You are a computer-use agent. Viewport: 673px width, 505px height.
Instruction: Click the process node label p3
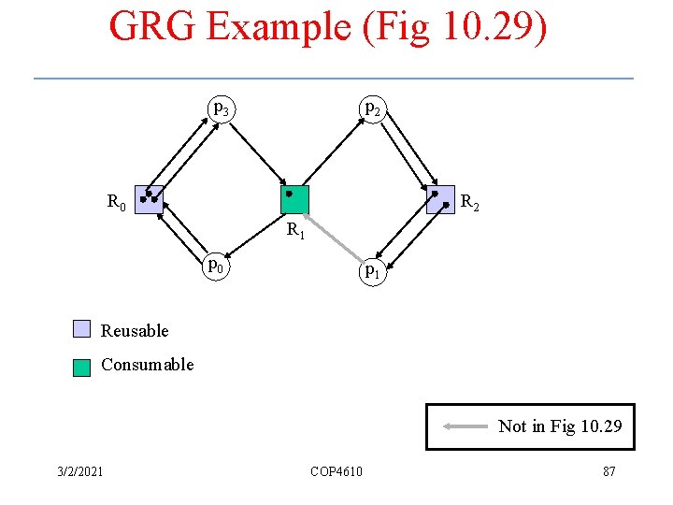click(221, 109)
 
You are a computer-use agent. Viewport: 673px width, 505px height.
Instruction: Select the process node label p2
click(372, 109)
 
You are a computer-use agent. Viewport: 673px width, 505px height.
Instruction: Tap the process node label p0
click(217, 266)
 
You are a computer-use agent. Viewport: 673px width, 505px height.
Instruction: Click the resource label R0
click(116, 201)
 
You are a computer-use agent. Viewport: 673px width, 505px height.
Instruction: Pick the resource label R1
click(295, 229)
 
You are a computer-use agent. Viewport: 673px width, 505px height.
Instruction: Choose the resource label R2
click(470, 201)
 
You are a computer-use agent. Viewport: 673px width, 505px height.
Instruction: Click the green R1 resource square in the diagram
click(294, 200)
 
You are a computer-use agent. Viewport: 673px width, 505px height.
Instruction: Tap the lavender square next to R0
click(150, 199)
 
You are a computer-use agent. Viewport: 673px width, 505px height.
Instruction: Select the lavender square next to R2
click(439, 200)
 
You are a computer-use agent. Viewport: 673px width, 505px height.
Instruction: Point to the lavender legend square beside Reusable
click(82, 329)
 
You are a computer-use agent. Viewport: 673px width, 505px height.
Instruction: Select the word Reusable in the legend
click(135, 330)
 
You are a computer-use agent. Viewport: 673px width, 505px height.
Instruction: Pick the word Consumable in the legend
click(147, 364)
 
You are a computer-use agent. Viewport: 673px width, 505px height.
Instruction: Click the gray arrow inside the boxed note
click(465, 426)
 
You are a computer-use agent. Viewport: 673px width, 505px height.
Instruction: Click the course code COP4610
click(336, 470)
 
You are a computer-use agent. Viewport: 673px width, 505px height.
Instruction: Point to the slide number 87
click(609, 470)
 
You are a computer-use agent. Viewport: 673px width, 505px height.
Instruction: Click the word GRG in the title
click(152, 26)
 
